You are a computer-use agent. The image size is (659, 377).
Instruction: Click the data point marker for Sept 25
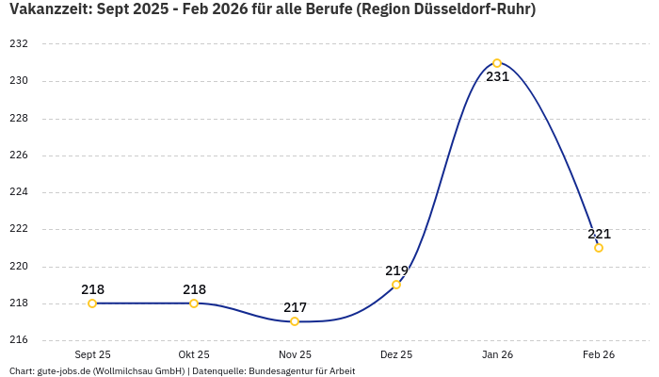[x=92, y=303]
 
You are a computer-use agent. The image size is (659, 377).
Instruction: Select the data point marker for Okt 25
[x=194, y=303]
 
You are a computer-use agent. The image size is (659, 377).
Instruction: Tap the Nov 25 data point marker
[x=295, y=321]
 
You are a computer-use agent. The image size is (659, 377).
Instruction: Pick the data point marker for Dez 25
[x=396, y=285]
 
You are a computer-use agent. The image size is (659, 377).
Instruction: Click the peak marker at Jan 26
[x=497, y=63]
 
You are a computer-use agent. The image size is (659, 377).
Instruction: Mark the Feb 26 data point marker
[x=599, y=248]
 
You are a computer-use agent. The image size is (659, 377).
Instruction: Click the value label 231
[x=497, y=77]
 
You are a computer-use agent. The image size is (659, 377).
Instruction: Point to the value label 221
[x=599, y=234]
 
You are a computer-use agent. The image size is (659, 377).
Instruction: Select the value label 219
[x=396, y=270]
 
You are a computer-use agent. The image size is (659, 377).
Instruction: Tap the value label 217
[x=295, y=307]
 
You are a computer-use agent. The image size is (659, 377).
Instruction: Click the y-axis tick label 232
[x=18, y=44]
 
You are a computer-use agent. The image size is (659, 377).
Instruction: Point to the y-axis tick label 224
[x=18, y=192]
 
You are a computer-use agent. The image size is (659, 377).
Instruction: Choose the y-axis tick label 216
[x=18, y=340]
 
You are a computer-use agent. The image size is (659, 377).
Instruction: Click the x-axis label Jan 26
[x=497, y=354]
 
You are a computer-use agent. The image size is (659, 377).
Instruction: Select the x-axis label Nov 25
[x=295, y=354]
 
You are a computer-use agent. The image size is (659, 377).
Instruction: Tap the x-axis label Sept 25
[x=92, y=354]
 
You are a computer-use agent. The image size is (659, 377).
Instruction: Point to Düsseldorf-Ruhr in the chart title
[x=471, y=10]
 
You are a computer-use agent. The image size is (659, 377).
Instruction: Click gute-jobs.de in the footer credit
[x=63, y=371]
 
